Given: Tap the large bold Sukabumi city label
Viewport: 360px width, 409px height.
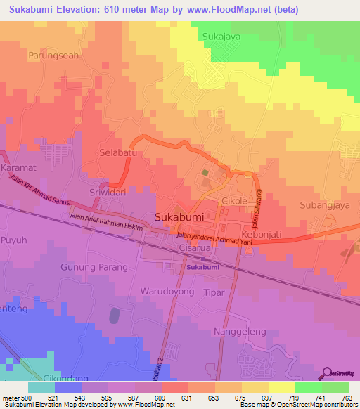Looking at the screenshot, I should click(179, 217).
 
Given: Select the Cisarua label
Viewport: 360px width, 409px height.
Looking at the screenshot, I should click(195, 247).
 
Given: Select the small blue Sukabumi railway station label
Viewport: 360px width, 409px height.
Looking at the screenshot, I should click(204, 268).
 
